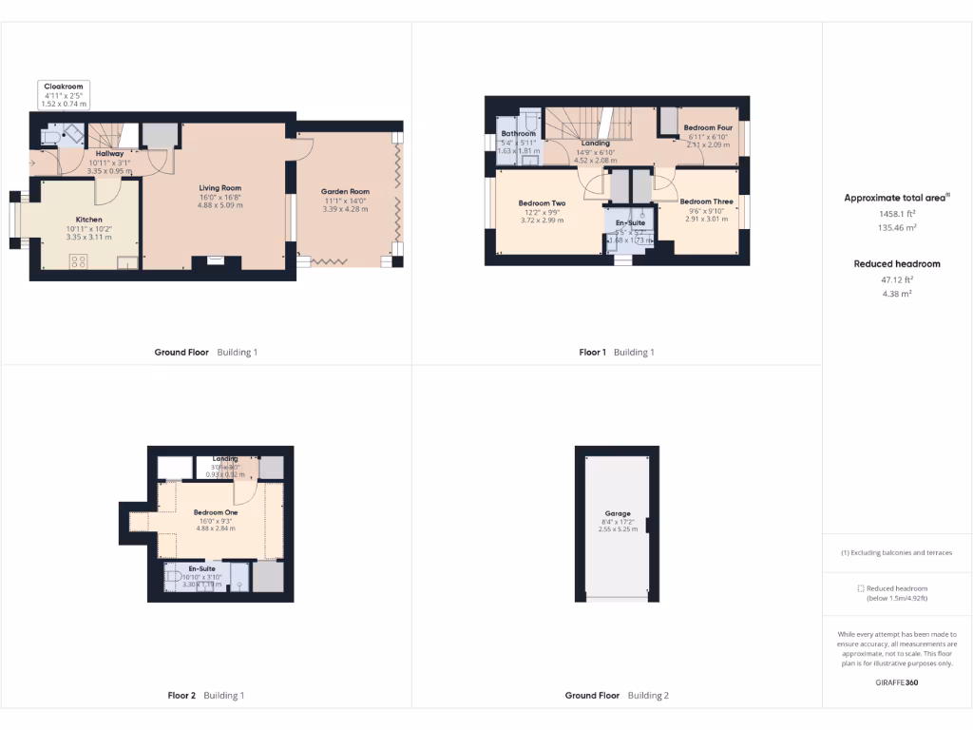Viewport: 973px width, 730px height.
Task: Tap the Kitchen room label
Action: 89,220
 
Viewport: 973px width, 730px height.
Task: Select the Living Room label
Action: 219,188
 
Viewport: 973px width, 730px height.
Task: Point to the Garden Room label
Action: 345,192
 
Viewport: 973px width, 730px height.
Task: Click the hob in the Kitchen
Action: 78,260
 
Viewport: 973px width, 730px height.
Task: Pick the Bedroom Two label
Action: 542,203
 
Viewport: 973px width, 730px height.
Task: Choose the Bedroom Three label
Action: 706,202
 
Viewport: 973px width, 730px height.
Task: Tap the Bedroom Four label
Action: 708,127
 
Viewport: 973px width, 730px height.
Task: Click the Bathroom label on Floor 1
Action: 519,134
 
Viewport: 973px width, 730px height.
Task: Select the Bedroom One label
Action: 216,512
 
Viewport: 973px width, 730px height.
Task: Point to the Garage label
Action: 618,513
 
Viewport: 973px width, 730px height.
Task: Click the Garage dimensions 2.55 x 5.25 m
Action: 618,528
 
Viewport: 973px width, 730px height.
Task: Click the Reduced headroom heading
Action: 897,264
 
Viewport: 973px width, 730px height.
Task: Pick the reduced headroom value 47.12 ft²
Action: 897,279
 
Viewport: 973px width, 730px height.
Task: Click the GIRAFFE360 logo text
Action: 897,682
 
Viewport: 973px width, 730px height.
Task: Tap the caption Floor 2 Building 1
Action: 206,696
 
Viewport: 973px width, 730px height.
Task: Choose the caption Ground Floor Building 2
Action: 617,696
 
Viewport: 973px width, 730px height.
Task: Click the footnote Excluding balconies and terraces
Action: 897,553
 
